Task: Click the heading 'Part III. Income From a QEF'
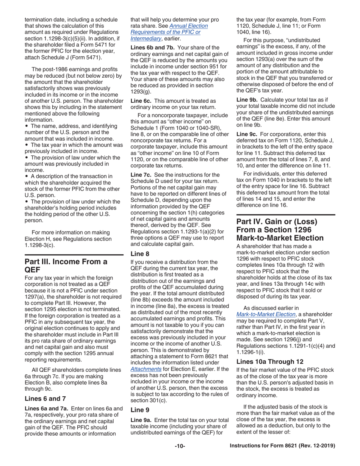click(x=66, y=265)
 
